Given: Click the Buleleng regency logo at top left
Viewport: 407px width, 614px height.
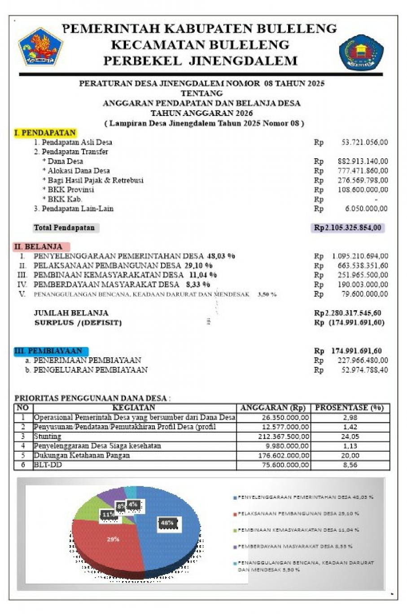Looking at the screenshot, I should tap(40, 47).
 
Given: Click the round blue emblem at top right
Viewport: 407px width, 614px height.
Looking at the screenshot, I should tap(361, 53).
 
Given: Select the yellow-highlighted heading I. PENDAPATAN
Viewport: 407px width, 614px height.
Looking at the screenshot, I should tap(45, 133).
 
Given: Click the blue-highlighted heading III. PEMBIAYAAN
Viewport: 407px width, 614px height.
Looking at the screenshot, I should tap(51, 351).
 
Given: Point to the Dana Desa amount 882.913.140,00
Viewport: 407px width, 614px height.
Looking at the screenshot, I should tap(363, 161).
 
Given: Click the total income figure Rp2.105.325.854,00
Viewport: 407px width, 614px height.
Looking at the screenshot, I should tap(348, 228).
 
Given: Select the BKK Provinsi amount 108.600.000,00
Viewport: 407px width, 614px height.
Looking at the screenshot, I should tap(363, 190).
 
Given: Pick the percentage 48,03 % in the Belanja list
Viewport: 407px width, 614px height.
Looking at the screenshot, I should tap(221, 256).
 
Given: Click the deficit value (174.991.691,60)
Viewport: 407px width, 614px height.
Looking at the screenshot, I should tap(356, 323).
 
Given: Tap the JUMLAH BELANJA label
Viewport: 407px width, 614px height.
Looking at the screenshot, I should tap(71, 313).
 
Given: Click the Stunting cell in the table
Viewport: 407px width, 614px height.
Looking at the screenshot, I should tap(48, 436).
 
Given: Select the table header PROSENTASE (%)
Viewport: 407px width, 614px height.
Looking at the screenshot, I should tap(350, 408).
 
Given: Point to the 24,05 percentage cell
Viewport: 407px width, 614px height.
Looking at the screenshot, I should tap(350, 436).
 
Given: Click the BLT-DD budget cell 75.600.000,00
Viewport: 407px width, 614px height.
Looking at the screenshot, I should tap(285, 465).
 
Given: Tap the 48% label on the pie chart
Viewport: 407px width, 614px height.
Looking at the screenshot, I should tap(167, 523).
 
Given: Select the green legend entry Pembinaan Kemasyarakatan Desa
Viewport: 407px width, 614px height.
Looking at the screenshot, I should tap(298, 530).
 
